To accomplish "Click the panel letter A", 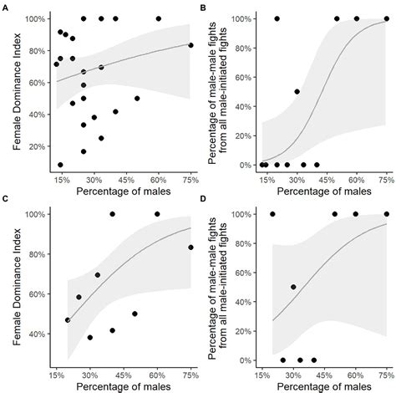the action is [x=5, y=8].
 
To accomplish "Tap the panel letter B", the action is [x=203, y=8].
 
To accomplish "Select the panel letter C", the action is [x=5, y=198].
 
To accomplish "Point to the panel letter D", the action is [x=203, y=198].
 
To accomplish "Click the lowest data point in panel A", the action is [x=60, y=165].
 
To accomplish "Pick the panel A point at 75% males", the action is [x=190, y=45].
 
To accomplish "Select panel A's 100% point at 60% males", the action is [x=159, y=18].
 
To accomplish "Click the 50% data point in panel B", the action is [x=297, y=91].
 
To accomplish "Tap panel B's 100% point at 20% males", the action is [x=277, y=18].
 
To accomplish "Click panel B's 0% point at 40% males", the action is [x=317, y=165].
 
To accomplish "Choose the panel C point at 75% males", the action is [x=190, y=248].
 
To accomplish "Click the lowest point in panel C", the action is [x=89, y=338].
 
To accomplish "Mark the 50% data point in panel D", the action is [x=293, y=287].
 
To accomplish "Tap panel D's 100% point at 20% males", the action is [x=272, y=214].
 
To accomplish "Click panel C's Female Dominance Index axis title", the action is [x=17, y=287].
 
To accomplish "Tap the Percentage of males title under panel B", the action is [x=324, y=191].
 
